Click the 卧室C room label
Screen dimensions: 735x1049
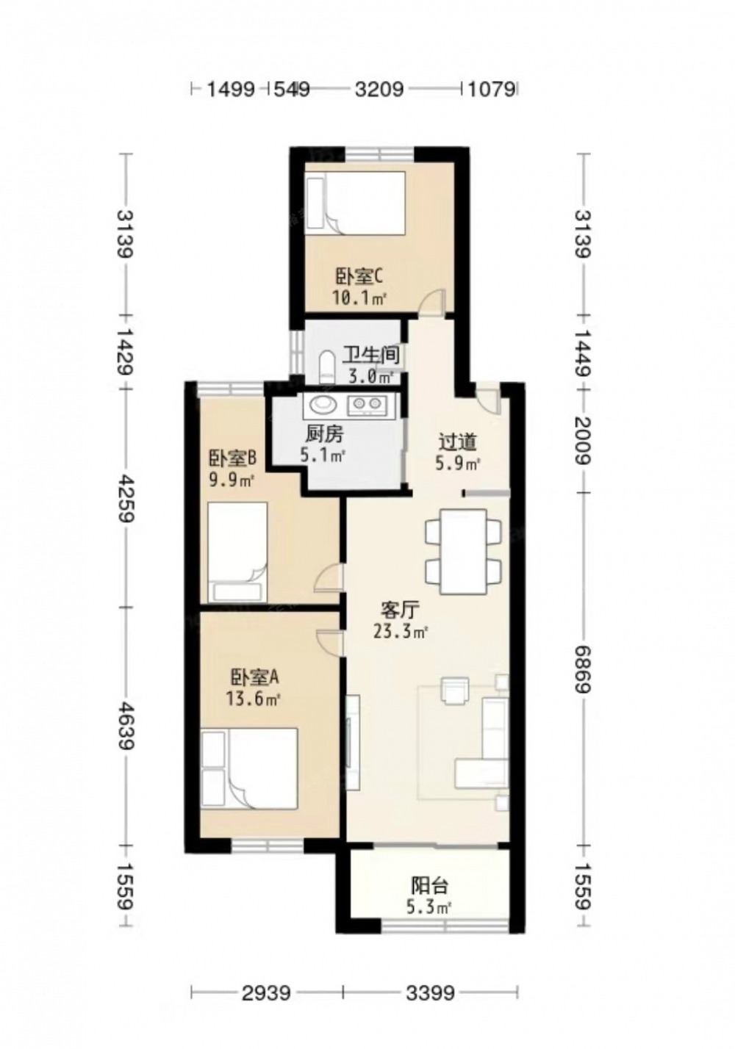(x=359, y=277)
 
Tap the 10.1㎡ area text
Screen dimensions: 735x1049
(x=359, y=298)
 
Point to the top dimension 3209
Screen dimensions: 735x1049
(x=379, y=88)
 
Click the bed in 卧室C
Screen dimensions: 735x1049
(x=354, y=202)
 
